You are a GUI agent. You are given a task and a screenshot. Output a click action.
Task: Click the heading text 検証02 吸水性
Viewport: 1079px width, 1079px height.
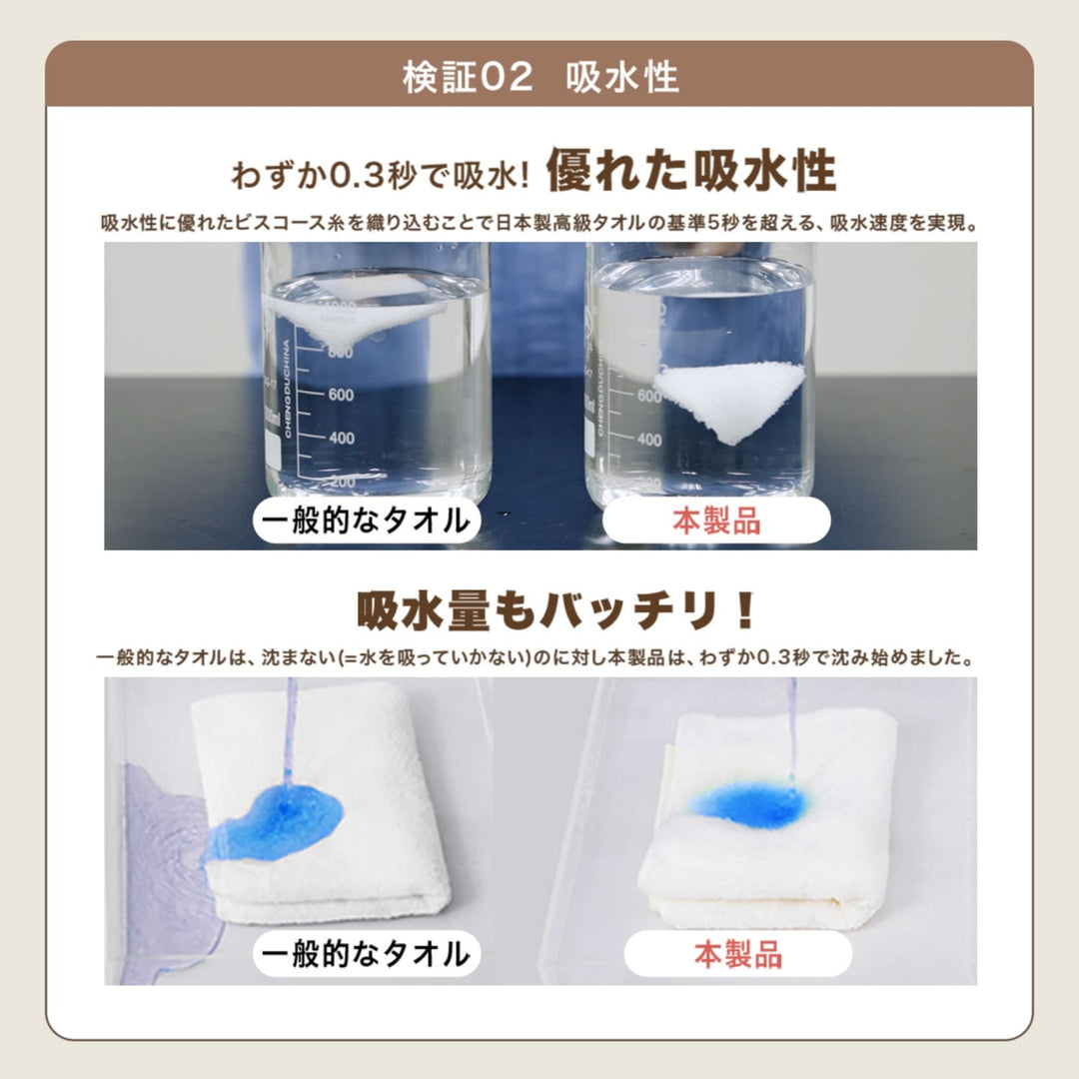point(540,76)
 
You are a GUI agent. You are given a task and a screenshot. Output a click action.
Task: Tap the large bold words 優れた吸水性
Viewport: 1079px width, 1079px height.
point(691,171)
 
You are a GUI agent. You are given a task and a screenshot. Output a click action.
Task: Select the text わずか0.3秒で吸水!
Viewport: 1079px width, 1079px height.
point(381,176)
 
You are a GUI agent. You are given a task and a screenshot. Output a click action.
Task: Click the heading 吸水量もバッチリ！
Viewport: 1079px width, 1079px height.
point(556,611)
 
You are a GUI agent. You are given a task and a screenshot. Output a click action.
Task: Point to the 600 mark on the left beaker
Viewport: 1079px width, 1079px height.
point(341,395)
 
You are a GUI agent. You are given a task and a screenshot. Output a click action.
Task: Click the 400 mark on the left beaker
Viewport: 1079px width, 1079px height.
point(341,438)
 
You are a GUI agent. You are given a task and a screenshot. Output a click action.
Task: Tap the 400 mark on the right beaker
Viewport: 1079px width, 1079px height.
point(649,439)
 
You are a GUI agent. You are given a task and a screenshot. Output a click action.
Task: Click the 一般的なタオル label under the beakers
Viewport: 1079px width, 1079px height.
point(366,521)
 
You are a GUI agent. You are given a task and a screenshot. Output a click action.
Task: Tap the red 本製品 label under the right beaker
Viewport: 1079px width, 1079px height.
point(716,521)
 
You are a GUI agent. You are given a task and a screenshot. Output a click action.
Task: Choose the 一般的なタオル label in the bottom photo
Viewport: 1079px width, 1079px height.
point(366,954)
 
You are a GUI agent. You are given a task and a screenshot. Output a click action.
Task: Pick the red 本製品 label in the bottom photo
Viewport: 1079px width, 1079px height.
point(737,954)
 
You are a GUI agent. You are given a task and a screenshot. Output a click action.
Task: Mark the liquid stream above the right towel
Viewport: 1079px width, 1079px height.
point(792,729)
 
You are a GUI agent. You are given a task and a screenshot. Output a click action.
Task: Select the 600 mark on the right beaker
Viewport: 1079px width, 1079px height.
point(649,396)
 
